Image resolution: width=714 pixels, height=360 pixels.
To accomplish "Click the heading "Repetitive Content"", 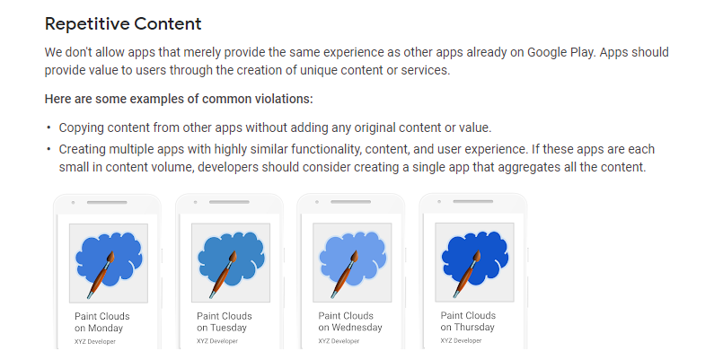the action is point(123,24).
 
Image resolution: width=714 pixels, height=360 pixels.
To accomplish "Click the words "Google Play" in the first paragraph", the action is point(561,52).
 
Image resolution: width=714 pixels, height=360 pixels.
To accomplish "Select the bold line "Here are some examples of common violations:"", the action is point(179,99).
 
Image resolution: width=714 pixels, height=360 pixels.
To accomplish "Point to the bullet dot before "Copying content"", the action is point(48,127).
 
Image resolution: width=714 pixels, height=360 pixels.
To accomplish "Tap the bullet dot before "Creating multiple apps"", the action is point(48,149).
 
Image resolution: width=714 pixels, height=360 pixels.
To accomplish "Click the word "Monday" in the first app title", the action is point(105,329).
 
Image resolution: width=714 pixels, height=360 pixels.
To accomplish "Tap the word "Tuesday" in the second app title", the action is point(228,328).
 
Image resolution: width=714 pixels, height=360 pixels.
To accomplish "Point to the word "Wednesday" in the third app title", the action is point(357,327).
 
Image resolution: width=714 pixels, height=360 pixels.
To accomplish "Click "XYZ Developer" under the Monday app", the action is point(95,341).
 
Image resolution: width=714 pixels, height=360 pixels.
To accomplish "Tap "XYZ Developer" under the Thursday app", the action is point(461,340).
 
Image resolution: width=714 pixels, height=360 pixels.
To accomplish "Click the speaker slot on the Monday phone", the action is point(107,202).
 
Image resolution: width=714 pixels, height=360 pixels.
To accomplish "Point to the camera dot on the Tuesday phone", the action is point(196,202).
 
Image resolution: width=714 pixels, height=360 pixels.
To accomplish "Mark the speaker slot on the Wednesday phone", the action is point(350,202).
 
